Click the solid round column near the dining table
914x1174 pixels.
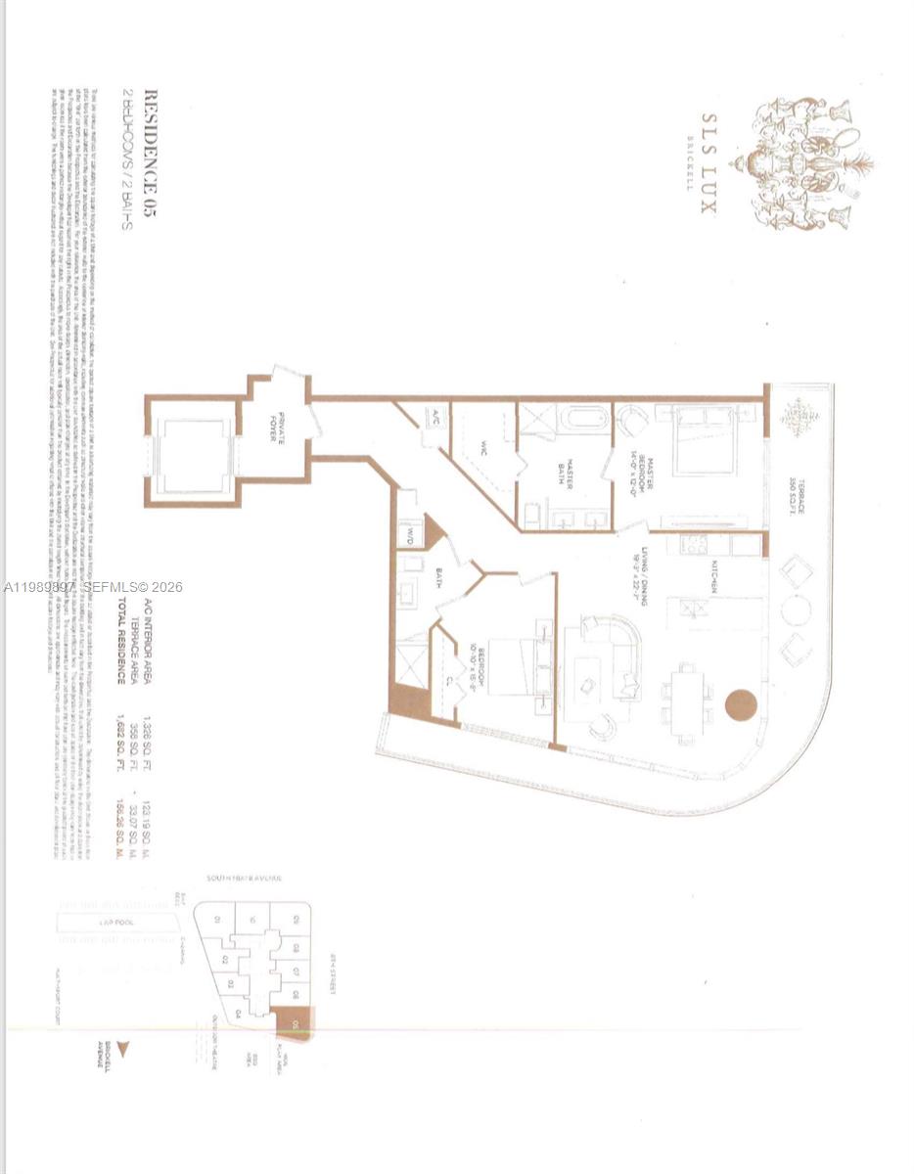[742, 705]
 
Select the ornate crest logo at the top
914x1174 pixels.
[808, 162]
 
